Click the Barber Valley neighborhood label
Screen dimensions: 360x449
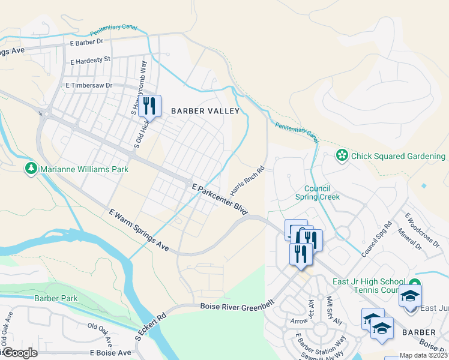point(205,111)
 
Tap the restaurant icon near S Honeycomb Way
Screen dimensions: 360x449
point(149,107)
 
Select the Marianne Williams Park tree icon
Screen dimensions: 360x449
point(31,169)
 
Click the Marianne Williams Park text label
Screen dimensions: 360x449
point(84,170)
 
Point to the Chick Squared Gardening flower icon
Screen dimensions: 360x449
point(342,156)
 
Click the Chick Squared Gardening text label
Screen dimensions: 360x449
point(398,157)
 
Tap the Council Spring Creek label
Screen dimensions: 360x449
point(318,192)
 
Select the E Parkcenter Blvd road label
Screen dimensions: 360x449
point(220,200)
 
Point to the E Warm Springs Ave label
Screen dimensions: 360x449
point(139,230)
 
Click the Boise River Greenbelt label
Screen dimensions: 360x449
point(237,307)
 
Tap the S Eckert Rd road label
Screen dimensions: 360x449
point(150,326)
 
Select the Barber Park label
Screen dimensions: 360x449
point(56,298)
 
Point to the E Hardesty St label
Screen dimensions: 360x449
point(91,60)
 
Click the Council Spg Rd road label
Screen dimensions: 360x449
point(376,238)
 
